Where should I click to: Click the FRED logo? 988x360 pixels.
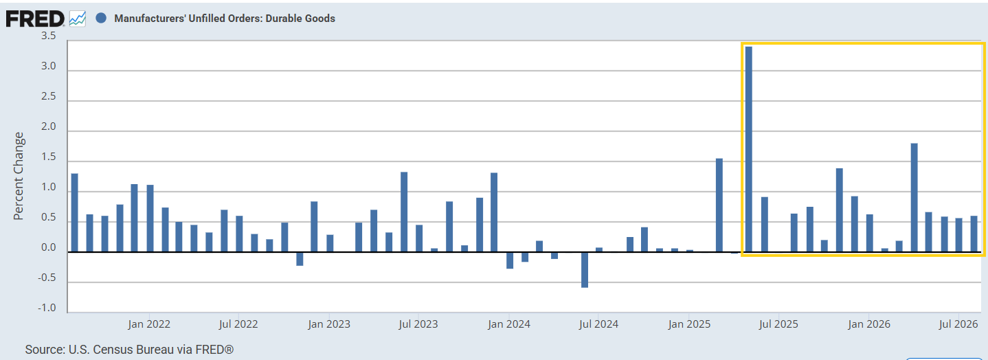pyautogui.click(x=35, y=19)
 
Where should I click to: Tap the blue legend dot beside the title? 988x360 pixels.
pyautogui.click(x=101, y=18)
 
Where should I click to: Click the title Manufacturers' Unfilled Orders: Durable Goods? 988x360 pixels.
pyautogui.click(x=225, y=19)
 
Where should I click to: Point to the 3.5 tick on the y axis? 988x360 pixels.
pyautogui.click(x=49, y=36)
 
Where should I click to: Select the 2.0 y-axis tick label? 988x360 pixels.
pyautogui.click(x=49, y=126)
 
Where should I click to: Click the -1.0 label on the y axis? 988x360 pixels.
pyautogui.click(x=47, y=308)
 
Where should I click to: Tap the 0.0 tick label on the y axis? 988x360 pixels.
pyautogui.click(x=49, y=247)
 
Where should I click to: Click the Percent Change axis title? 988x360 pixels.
pyautogui.click(x=19, y=176)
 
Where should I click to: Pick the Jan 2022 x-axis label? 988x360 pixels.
pyautogui.click(x=149, y=324)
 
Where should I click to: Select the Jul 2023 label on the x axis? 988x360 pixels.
pyautogui.click(x=418, y=324)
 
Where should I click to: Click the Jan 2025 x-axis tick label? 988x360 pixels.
pyautogui.click(x=689, y=324)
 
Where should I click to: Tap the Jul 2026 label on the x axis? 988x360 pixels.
pyautogui.click(x=958, y=324)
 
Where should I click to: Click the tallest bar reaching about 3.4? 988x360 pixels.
pyautogui.click(x=748, y=149)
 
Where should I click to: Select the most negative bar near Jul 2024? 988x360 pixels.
pyautogui.click(x=585, y=270)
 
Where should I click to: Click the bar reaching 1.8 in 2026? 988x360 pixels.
pyautogui.click(x=914, y=198)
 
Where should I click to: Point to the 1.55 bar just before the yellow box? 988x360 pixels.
pyautogui.click(x=719, y=205)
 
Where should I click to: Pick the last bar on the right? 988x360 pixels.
pyautogui.click(x=974, y=234)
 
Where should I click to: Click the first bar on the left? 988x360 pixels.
pyautogui.click(x=74, y=213)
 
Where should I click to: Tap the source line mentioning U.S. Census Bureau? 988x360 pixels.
pyautogui.click(x=129, y=350)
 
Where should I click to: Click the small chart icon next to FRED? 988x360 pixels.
pyautogui.click(x=78, y=19)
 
